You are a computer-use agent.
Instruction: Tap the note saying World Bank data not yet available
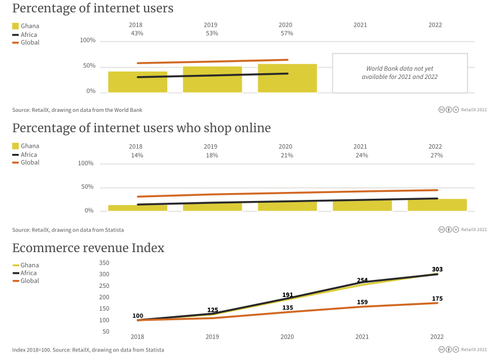(399, 73)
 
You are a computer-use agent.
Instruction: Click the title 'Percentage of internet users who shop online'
(141, 128)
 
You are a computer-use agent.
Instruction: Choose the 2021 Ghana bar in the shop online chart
(362, 206)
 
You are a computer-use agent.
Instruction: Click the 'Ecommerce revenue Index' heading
(88, 248)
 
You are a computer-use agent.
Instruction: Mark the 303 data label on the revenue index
(437, 269)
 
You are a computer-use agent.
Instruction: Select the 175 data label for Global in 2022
(437, 299)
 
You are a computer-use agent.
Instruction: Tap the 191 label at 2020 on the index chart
(287, 295)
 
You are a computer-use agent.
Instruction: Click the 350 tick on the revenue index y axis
(104, 263)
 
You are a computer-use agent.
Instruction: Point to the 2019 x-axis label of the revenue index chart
(212, 336)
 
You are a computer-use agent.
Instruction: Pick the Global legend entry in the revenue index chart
(30, 281)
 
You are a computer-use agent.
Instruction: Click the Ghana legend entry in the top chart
(30, 26)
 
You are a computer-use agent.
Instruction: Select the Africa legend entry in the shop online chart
(28, 154)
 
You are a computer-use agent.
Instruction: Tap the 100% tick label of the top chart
(87, 41)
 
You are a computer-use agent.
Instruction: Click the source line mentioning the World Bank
(77, 110)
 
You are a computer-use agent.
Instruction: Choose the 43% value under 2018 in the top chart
(136, 34)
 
